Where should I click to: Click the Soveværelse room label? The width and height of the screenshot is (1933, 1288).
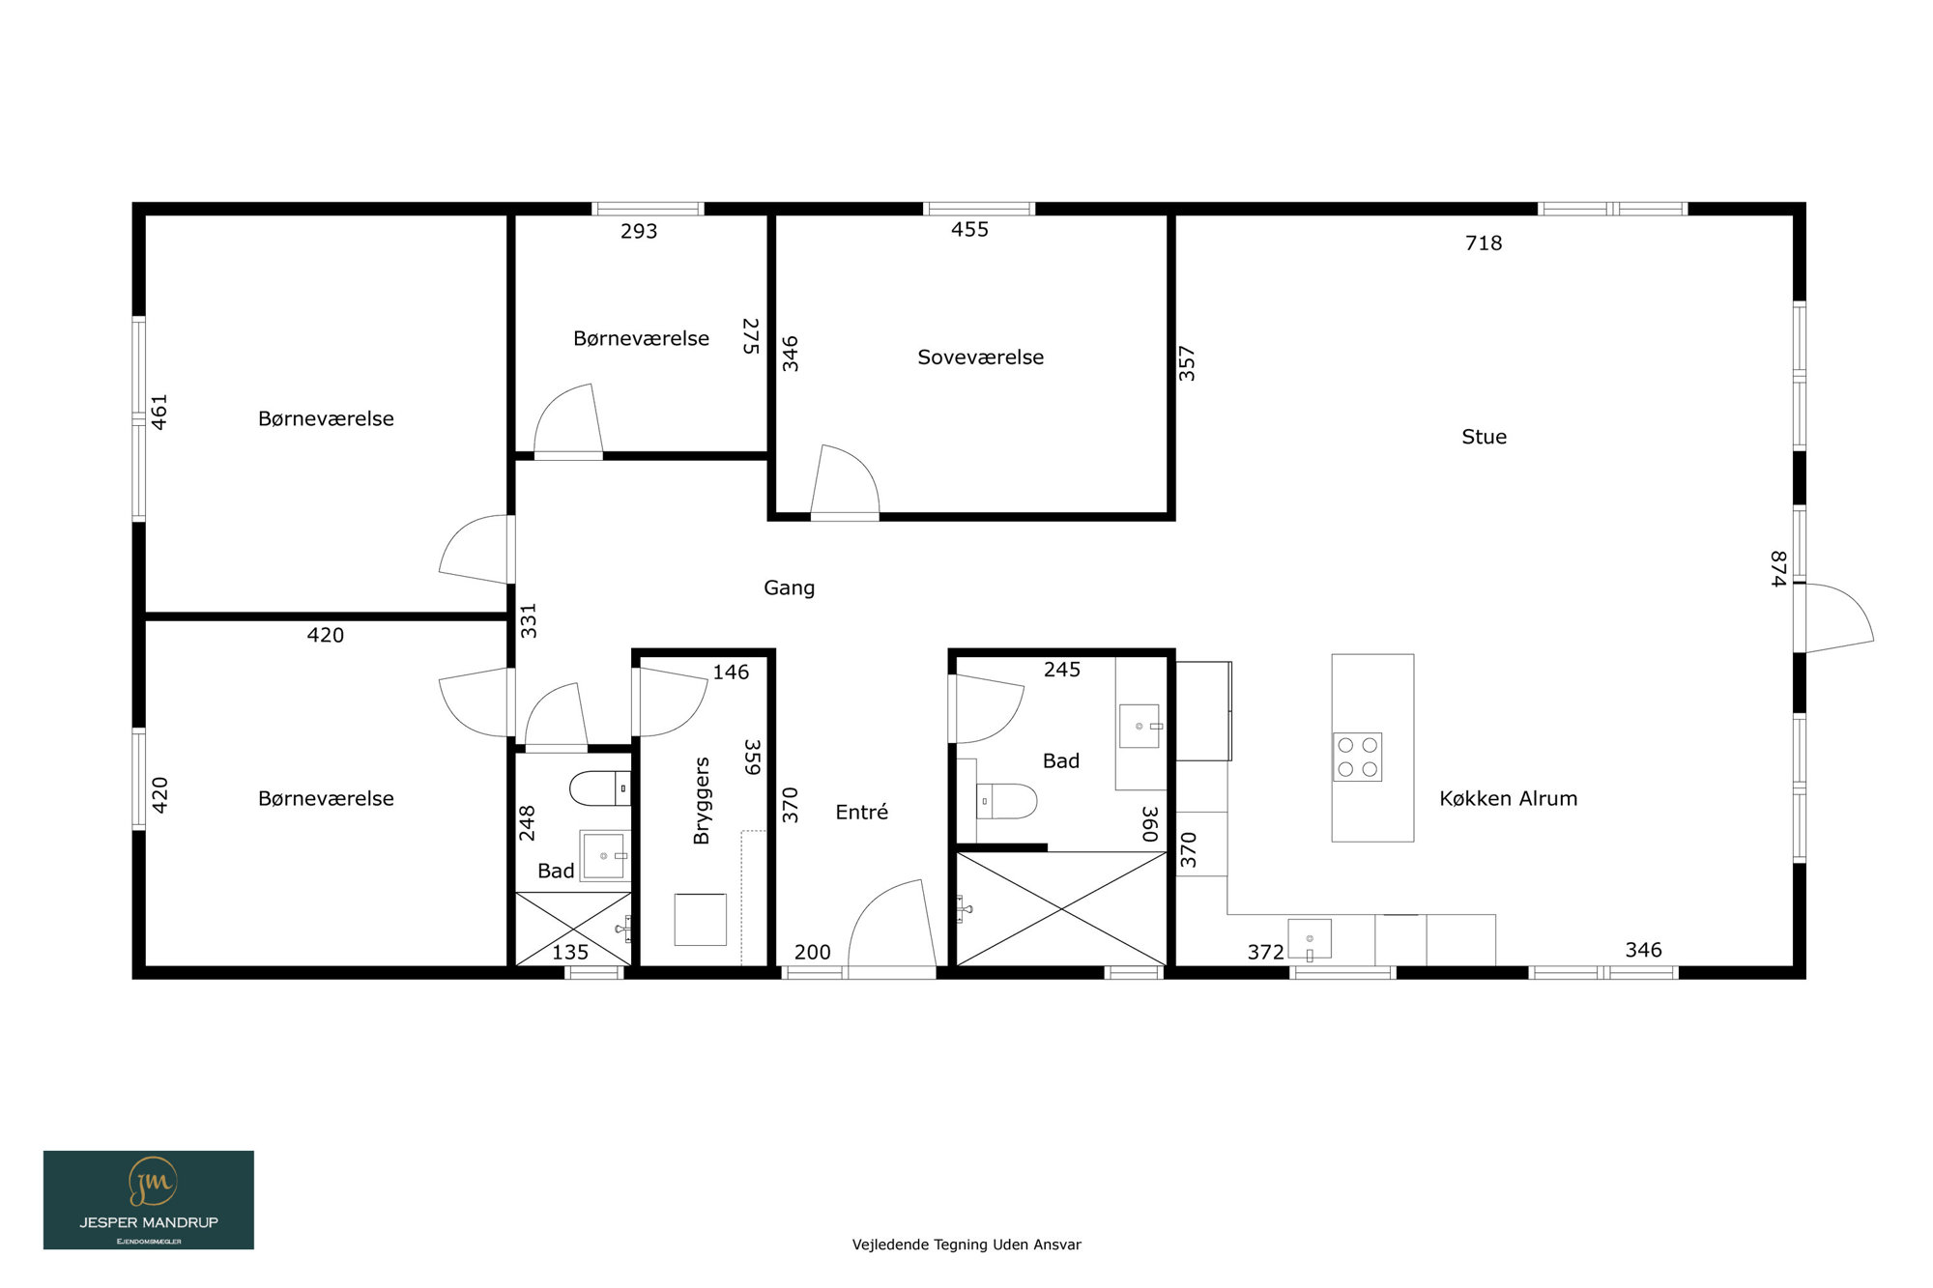980,358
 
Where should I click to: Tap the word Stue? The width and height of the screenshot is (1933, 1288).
1484,437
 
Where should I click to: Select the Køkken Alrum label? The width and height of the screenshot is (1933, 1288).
1508,798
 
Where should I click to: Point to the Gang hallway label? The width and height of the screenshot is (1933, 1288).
789,588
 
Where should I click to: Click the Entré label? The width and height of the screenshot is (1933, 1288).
861,813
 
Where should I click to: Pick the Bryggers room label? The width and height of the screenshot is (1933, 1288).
702,801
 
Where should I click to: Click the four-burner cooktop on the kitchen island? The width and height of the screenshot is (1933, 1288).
1357,757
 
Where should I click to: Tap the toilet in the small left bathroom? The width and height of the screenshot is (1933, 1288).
600,788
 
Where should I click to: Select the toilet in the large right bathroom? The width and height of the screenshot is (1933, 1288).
1006,801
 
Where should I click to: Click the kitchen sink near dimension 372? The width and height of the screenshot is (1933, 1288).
1309,939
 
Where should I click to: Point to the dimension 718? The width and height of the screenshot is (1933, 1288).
1484,243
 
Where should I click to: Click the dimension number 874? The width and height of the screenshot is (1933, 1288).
1778,568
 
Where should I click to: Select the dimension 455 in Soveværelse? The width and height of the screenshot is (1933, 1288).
969,230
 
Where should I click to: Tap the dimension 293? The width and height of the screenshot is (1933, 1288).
639,232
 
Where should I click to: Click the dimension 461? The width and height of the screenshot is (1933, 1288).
159,412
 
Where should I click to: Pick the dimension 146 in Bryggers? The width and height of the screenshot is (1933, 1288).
731,673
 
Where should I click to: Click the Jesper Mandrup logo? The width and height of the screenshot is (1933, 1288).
149,1200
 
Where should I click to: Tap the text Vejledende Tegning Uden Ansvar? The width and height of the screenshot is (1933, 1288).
966,1245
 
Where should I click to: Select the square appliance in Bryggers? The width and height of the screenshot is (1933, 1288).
700,920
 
